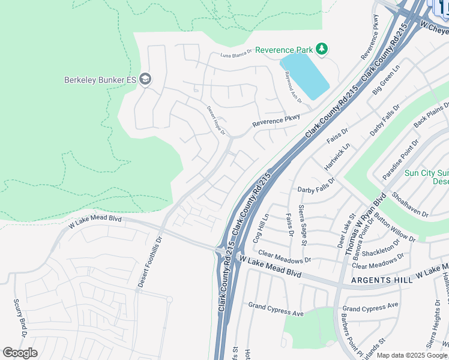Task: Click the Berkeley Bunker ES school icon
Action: (145, 79)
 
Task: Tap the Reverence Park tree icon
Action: (322, 49)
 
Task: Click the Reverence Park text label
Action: (284, 50)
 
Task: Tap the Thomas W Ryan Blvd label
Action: (364, 225)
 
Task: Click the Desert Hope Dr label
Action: (216, 121)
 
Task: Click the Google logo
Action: (20, 353)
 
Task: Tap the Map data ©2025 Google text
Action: (412, 355)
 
